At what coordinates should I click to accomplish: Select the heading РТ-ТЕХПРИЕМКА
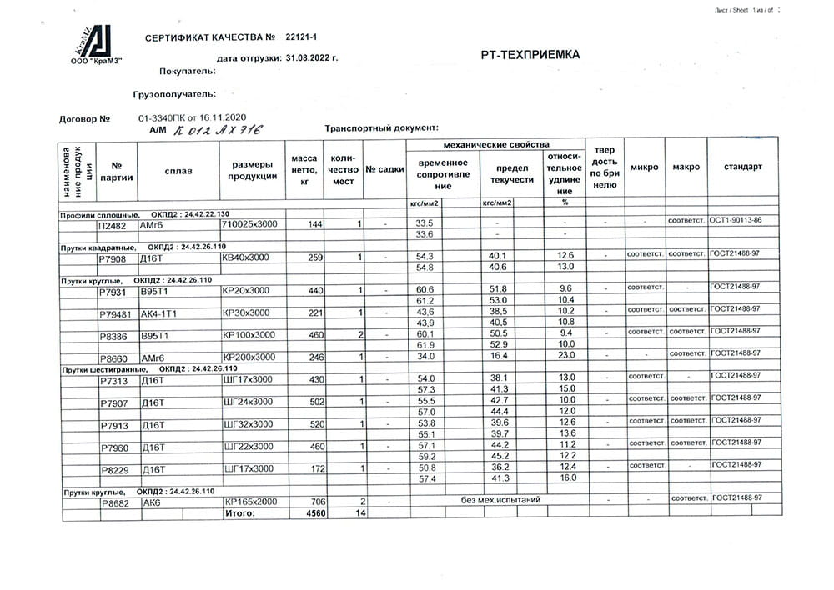coord(530,55)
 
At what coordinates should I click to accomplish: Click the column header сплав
coord(178,171)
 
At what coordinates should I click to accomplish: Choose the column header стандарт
coord(742,167)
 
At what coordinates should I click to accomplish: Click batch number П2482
coord(113,225)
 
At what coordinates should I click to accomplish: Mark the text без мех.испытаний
coord(501,500)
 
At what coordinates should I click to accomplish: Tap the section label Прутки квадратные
coord(99,247)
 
